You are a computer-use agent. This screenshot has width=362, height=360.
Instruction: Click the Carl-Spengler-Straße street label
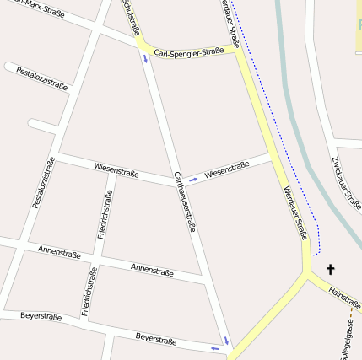point(183,52)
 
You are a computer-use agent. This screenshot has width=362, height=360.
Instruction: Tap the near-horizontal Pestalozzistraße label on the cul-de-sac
point(41,78)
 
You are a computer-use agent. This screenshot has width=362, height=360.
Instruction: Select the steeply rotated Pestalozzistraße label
point(43,183)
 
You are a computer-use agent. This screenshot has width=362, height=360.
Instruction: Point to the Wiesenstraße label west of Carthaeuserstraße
point(116,170)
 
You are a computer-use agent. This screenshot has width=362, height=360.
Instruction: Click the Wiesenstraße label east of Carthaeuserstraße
point(227,170)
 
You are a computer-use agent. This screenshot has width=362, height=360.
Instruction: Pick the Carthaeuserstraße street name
point(185,201)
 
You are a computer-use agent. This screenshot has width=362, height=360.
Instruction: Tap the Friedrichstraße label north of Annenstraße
point(105,214)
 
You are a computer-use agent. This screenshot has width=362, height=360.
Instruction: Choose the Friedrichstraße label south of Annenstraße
point(89,291)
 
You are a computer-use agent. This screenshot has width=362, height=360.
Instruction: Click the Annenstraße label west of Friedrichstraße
point(59,252)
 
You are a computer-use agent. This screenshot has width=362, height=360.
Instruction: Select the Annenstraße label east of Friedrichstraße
point(152,270)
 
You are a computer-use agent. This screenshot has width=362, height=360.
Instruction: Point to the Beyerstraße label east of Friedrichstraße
point(156,340)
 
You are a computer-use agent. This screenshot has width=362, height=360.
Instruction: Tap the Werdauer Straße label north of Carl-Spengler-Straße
point(230,23)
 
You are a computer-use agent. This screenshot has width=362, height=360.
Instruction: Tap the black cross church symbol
point(330,270)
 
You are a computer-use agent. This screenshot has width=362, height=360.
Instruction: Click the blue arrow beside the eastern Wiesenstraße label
point(192,179)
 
